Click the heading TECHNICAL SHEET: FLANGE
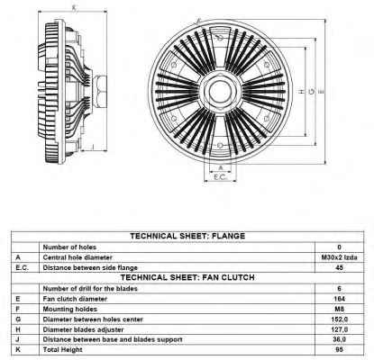[x=187, y=236]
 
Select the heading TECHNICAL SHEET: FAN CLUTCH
[x=187, y=277]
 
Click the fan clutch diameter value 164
[x=339, y=299]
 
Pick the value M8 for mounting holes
[x=339, y=309]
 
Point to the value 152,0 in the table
[x=340, y=319]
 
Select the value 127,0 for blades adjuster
[x=340, y=329]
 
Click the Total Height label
[x=62, y=350]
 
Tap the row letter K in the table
[x=18, y=350]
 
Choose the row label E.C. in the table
[x=22, y=268]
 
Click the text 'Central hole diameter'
[x=78, y=257]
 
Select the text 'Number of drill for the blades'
[x=90, y=289]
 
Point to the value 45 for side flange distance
[x=339, y=267]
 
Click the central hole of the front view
[x=220, y=91]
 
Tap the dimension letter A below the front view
[x=220, y=167]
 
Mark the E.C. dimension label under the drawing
[x=220, y=177]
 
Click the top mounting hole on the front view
[x=220, y=38]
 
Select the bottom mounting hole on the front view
[x=220, y=145]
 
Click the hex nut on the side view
[x=100, y=92]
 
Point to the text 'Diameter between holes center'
[x=93, y=319]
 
